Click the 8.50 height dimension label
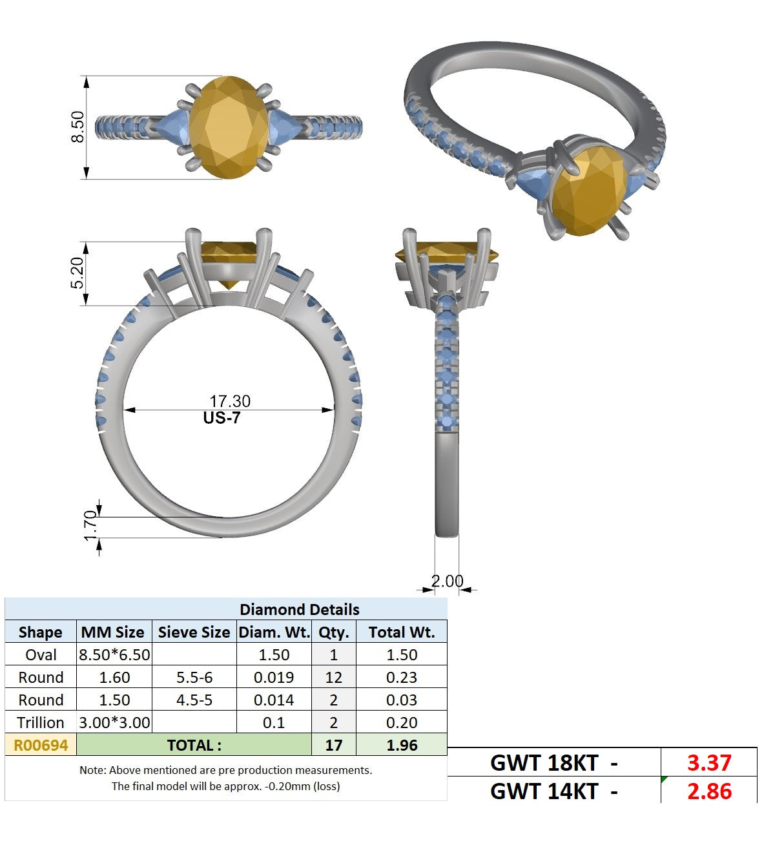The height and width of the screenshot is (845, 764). pyautogui.click(x=77, y=127)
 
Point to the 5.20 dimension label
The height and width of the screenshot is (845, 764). pyautogui.click(x=77, y=273)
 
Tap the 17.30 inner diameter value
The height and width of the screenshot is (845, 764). pyautogui.click(x=230, y=401)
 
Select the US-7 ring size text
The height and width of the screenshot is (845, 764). pyautogui.click(x=222, y=418)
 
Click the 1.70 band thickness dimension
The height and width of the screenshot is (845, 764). pyautogui.click(x=90, y=525)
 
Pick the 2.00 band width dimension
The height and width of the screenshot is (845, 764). pyautogui.click(x=448, y=581)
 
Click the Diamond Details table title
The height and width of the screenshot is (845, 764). pyautogui.click(x=300, y=610)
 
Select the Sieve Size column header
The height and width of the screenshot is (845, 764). pyautogui.click(x=194, y=632)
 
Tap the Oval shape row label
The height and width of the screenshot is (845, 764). pyautogui.click(x=41, y=655)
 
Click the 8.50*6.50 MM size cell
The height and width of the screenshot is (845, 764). pyautogui.click(x=114, y=655)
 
